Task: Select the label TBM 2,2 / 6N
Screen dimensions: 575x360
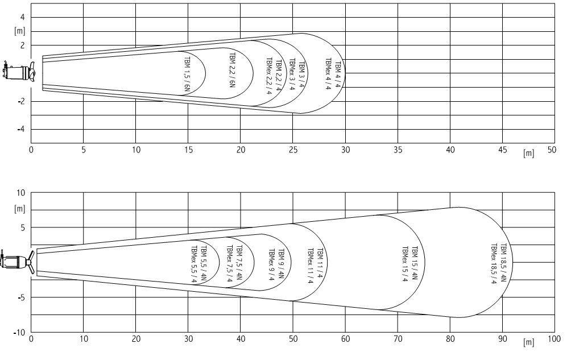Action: (x=232, y=70)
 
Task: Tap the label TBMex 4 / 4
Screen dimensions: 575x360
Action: (x=328, y=74)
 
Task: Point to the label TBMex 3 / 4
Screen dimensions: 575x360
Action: (x=292, y=75)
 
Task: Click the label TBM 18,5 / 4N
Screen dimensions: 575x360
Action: (x=503, y=263)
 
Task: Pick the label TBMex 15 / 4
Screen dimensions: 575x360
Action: (x=405, y=264)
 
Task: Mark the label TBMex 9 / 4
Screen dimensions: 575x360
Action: (x=272, y=264)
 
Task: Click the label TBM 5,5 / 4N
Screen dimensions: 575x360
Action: (x=204, y=263)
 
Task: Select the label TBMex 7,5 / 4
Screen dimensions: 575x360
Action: (x=230, y=264)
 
